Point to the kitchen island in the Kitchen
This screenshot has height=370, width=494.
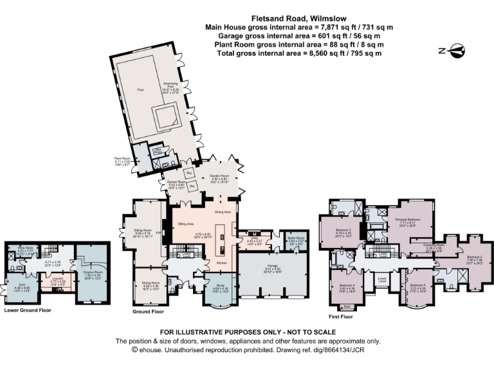223,237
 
